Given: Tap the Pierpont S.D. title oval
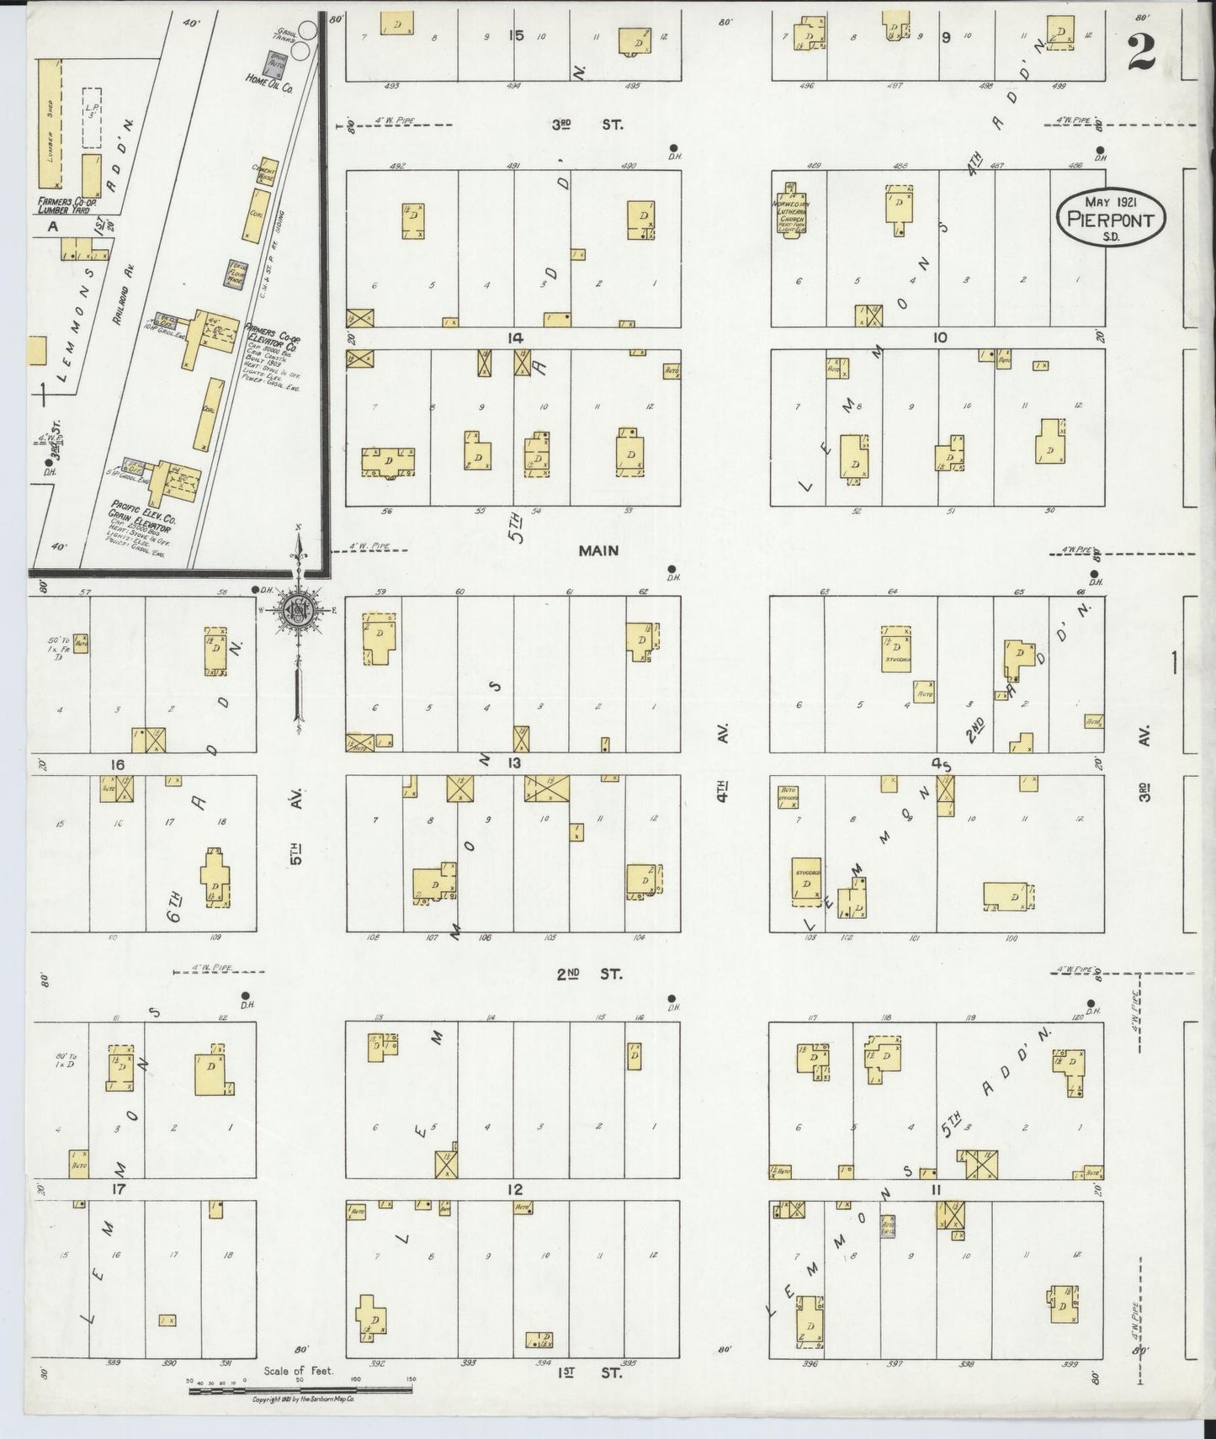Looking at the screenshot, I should click(1111, 216).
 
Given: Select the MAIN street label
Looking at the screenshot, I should click(598, 550).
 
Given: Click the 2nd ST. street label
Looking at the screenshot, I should click(589, 974).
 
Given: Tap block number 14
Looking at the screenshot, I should click(514, 337).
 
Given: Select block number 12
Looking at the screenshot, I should click(514, 1188).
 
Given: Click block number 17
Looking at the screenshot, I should click(118, 1188).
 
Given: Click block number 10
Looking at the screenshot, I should click(940, 337).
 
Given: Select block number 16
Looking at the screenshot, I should click(118, 764).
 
